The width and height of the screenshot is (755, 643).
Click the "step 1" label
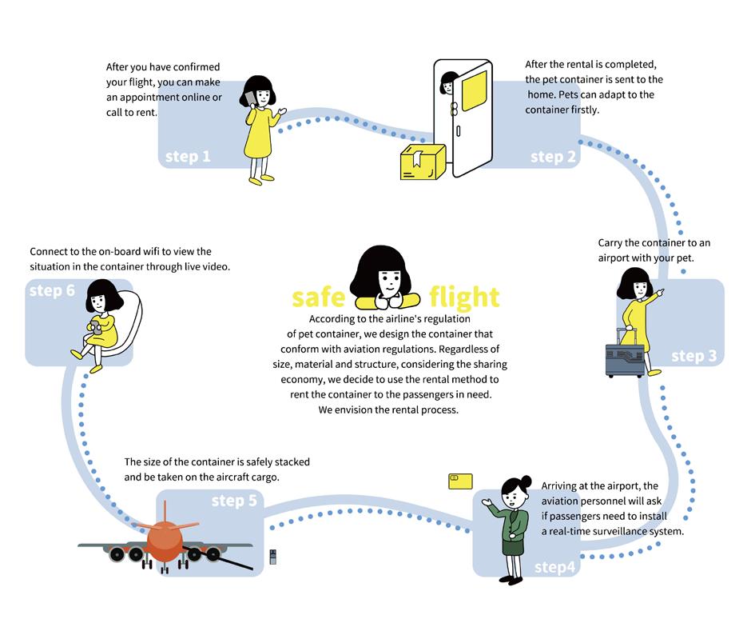pyautogui.click(x=188, y=157)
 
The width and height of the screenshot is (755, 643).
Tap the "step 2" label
pyautogui.click(x=553, y=157)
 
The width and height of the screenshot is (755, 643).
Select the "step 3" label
pyautogui.click(x=693, y=356)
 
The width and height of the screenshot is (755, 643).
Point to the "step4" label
pyautogui.click(x=554, y=567)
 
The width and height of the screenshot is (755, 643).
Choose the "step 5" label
pyautogui.click(x=234, y=501)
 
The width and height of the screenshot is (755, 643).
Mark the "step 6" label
pyautogui.click(x=52, y=290)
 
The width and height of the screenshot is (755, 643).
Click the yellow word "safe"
pyautogui.click(x=318, y=298)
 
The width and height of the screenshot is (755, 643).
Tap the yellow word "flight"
pyautogui.click(x=464, y=297)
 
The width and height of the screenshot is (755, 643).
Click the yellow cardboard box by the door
pyautogui.click(x=423, y=162)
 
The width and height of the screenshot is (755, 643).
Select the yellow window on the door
pyautogui.click(x=475, y=90)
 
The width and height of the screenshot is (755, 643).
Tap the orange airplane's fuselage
pyautogui.click(x=165, y=541)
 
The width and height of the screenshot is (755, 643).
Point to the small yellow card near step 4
pyautogui.click(x=460, y=481)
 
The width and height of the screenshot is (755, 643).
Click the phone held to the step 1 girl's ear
pyautogui.click(x=250, y=98)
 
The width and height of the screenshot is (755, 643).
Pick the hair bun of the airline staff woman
pyautogui.click(x=526, y=481)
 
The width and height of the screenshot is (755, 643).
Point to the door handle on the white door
pyautogui.click(x=459, y=130)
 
